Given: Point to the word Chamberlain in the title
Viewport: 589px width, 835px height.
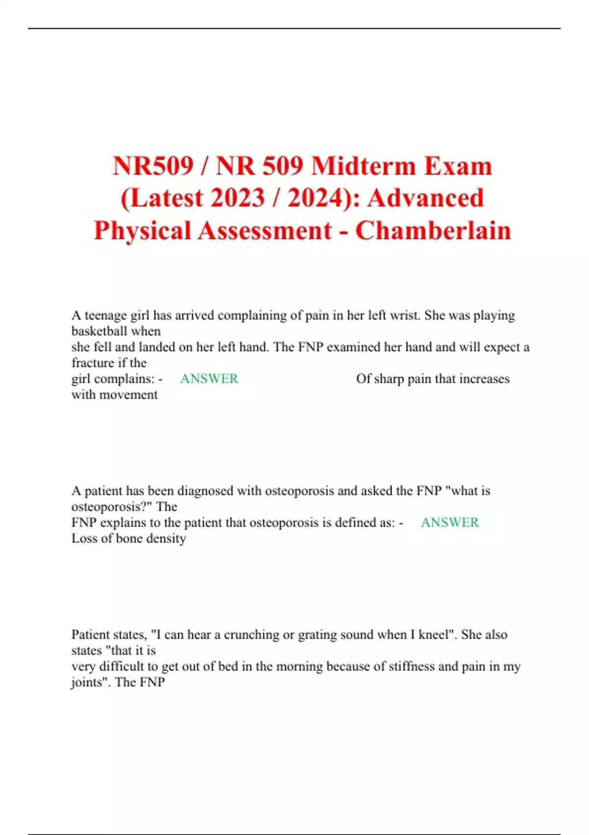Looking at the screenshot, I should tap(433, 230).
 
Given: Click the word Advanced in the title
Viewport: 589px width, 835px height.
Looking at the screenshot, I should tap(426, 198).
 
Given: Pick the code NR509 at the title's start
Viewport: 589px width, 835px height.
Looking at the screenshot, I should tap(153, 166).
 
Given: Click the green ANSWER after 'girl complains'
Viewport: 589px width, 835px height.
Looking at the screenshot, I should tap(209, 379).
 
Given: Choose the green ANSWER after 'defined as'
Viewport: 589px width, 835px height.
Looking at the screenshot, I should tap(450, 523).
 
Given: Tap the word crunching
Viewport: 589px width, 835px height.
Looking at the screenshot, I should tap(250, 635).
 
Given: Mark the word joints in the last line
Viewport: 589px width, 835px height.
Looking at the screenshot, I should tap(88, 682).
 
